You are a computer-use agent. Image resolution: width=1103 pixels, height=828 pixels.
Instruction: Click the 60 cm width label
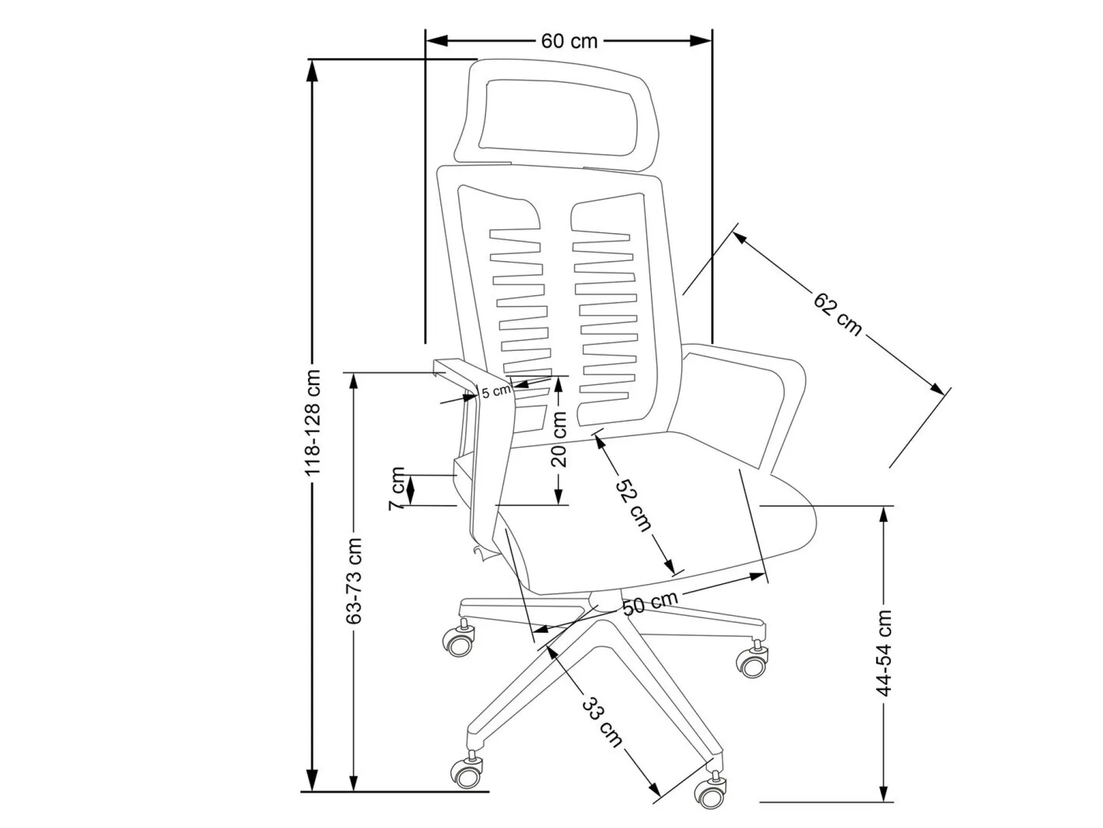tap(569, 41)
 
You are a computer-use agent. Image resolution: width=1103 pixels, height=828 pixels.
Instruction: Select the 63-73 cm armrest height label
tap(354, 581)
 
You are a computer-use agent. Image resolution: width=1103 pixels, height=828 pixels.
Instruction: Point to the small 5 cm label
tap(496, 392)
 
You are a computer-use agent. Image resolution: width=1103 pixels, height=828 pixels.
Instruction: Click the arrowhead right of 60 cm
tap(700, 40)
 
